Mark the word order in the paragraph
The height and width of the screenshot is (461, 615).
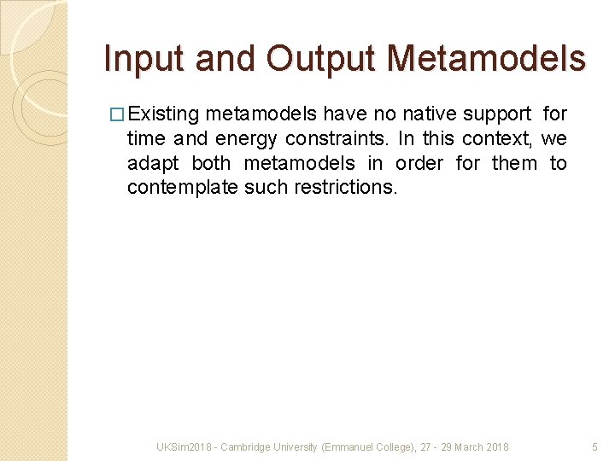[419, 163]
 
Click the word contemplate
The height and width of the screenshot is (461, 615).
[183, 187]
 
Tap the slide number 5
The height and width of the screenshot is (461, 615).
[595, 447]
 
